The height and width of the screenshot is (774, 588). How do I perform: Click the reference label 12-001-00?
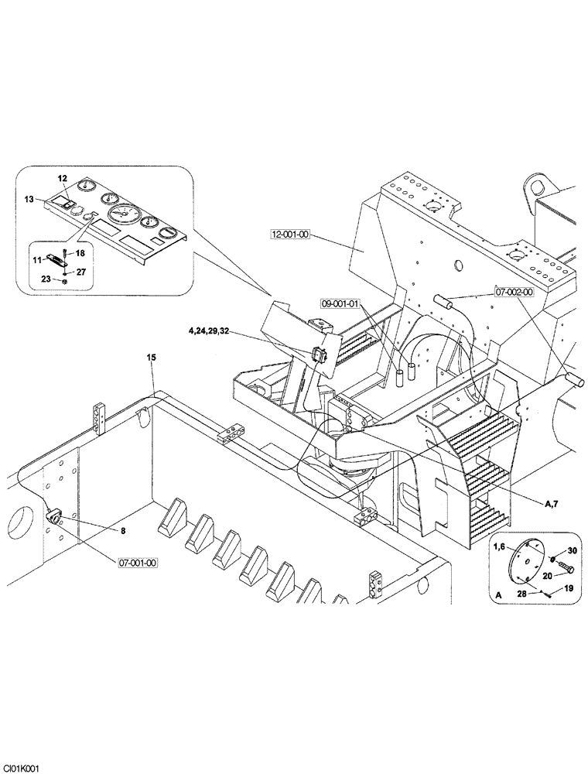[x=290, y=235]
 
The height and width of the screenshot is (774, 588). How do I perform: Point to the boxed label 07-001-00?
[x=138, y=563]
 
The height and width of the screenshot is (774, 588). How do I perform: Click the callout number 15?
[x=152, y=357]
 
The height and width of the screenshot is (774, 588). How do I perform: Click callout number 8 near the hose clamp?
[x=122, y=531]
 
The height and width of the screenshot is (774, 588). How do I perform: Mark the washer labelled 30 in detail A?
[x=554, y=559]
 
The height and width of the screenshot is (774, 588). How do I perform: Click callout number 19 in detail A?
[x=568, y=589]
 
